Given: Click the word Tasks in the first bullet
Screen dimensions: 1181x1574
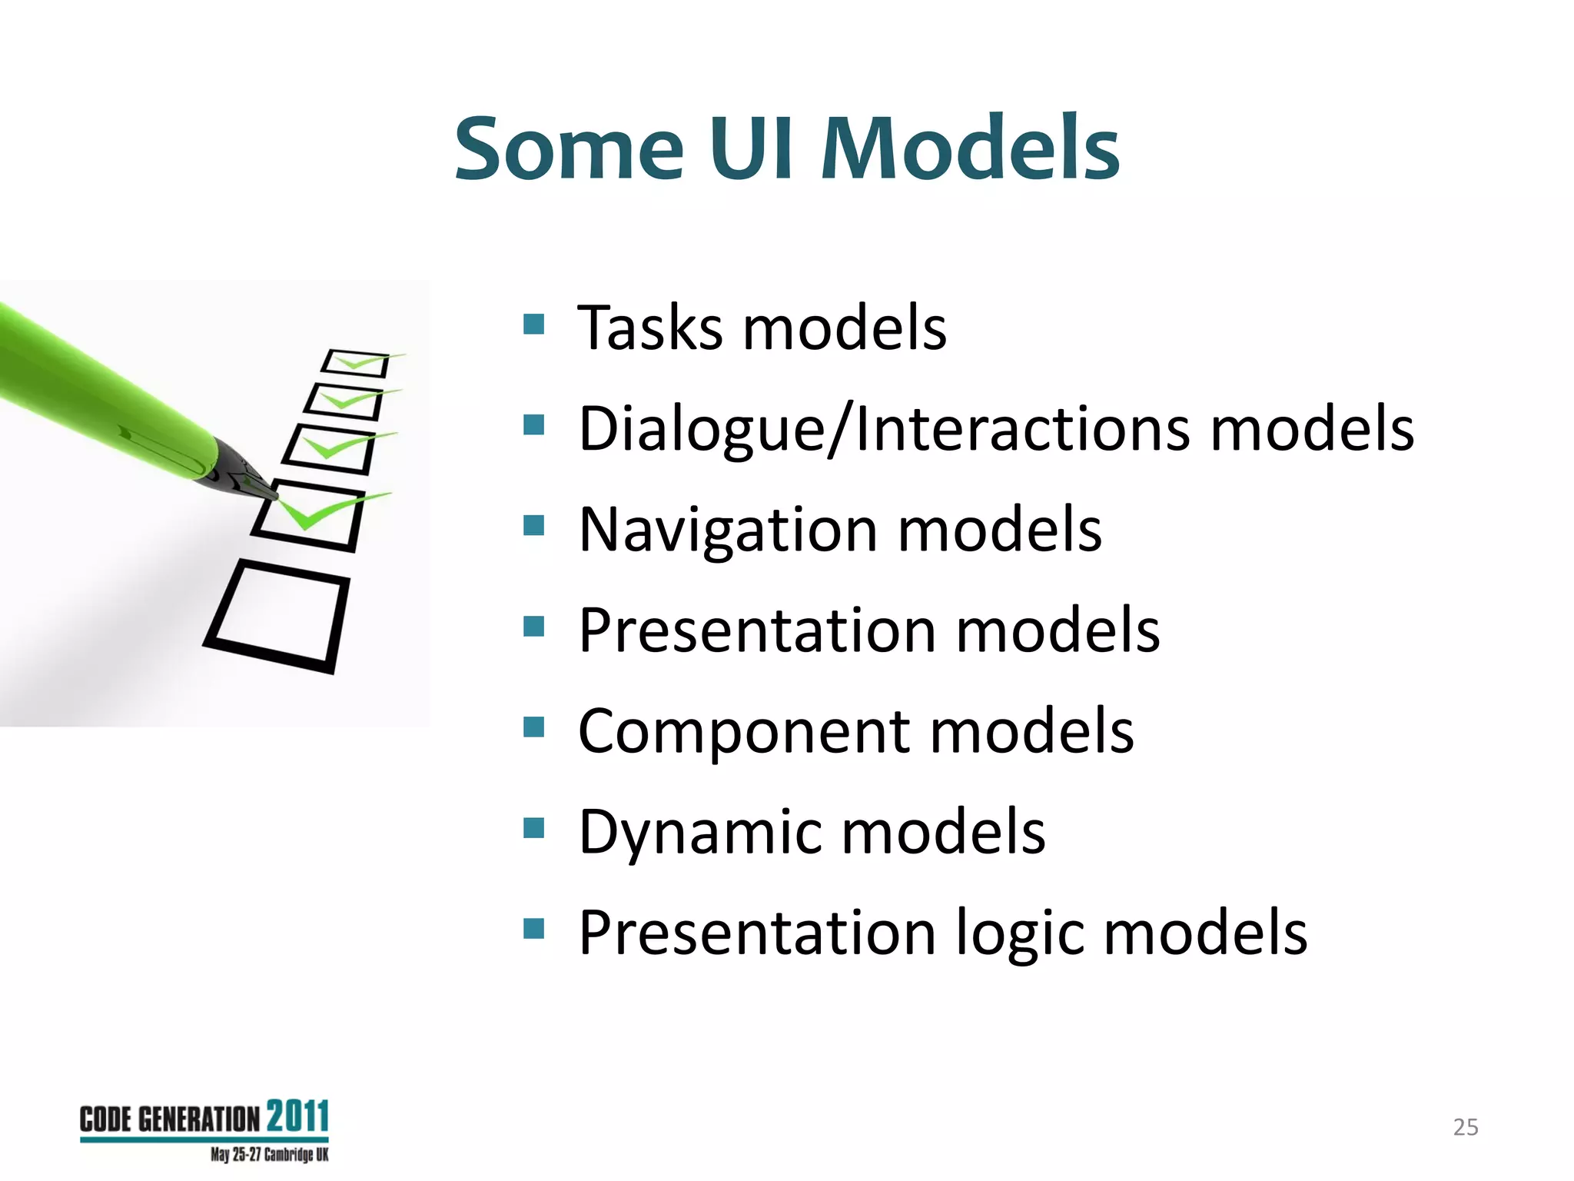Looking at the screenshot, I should [649, 328].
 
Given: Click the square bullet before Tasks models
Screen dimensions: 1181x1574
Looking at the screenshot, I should [533, 324].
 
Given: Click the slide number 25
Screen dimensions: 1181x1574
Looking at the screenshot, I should [1465, 1127].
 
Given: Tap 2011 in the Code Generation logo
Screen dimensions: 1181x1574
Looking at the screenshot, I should [297, 1116].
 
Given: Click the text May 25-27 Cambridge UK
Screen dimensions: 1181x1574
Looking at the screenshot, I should [269, 1155].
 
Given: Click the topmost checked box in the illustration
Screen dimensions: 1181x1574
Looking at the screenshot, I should [356, 363].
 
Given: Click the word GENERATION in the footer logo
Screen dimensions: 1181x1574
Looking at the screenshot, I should [199, 1119].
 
